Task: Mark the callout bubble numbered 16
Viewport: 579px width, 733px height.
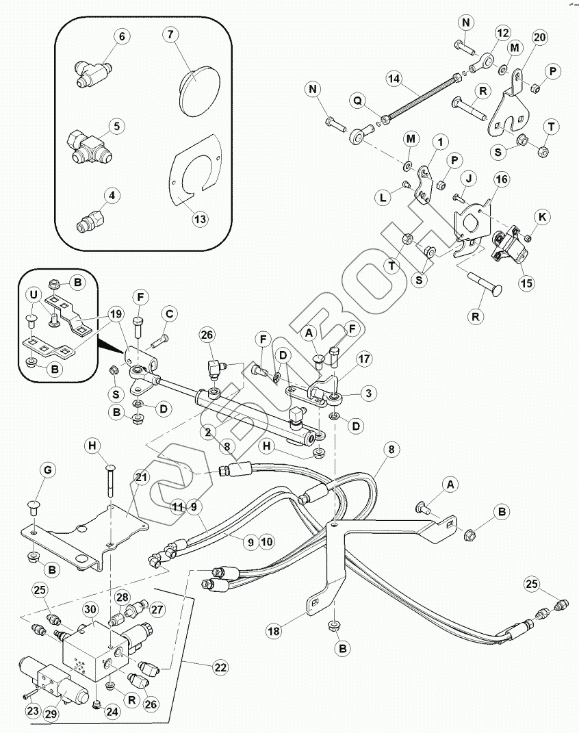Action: (x=502, y=180)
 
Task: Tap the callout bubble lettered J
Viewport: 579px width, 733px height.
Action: (x=469, y=177)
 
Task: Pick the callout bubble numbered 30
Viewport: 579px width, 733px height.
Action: (x=90, y=609)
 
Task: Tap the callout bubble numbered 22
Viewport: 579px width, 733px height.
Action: (x=220, y=666)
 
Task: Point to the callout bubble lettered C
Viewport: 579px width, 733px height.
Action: (x=170, y=315)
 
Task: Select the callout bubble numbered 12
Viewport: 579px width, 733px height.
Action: (x=504, y=33)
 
